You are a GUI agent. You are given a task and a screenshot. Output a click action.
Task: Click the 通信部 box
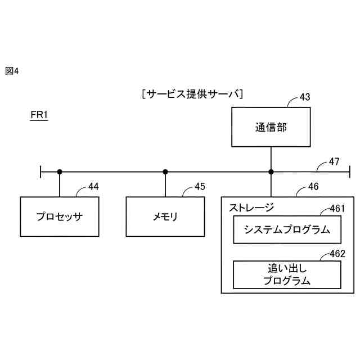pyautogui.click(x=271, y=128)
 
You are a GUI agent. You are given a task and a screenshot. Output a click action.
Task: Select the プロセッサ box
pyautogui.click(x=59, y=216)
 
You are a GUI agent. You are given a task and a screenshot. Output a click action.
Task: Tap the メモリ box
pyautogui.click(x=165, y=216)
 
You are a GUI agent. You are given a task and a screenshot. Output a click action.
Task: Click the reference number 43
pyautogui.click(x=304, y=97)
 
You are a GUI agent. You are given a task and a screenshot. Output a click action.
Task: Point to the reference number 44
pyautogui.click(x=94, y=187)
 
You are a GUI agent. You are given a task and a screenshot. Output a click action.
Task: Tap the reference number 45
pyautogui.click(x=200, y=187)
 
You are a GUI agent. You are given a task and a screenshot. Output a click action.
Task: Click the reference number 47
pyautogui.click(x=334, y=162)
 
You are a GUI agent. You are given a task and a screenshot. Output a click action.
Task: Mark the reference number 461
pyautogui.click(x=337, y=209)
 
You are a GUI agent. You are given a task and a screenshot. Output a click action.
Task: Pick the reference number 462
pyautogui.click(x=337, y=254)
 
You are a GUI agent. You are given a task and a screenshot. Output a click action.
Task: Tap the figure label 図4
pyautogui.click(x=12, y=70)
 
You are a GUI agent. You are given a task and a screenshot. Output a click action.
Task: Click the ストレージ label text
pyautogui.click(x=251, y=207)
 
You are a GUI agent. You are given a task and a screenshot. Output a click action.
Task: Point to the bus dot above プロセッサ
pyautogui.click(x=59, y=172)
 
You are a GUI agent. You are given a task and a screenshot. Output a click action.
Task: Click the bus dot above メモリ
pyautogui.click(x=165, y=172)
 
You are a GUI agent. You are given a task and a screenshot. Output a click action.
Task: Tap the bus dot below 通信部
pyautogui.click(x=271, y=172)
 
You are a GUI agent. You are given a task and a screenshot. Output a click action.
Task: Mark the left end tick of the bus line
pyautogui.click(x=41, y=172)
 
